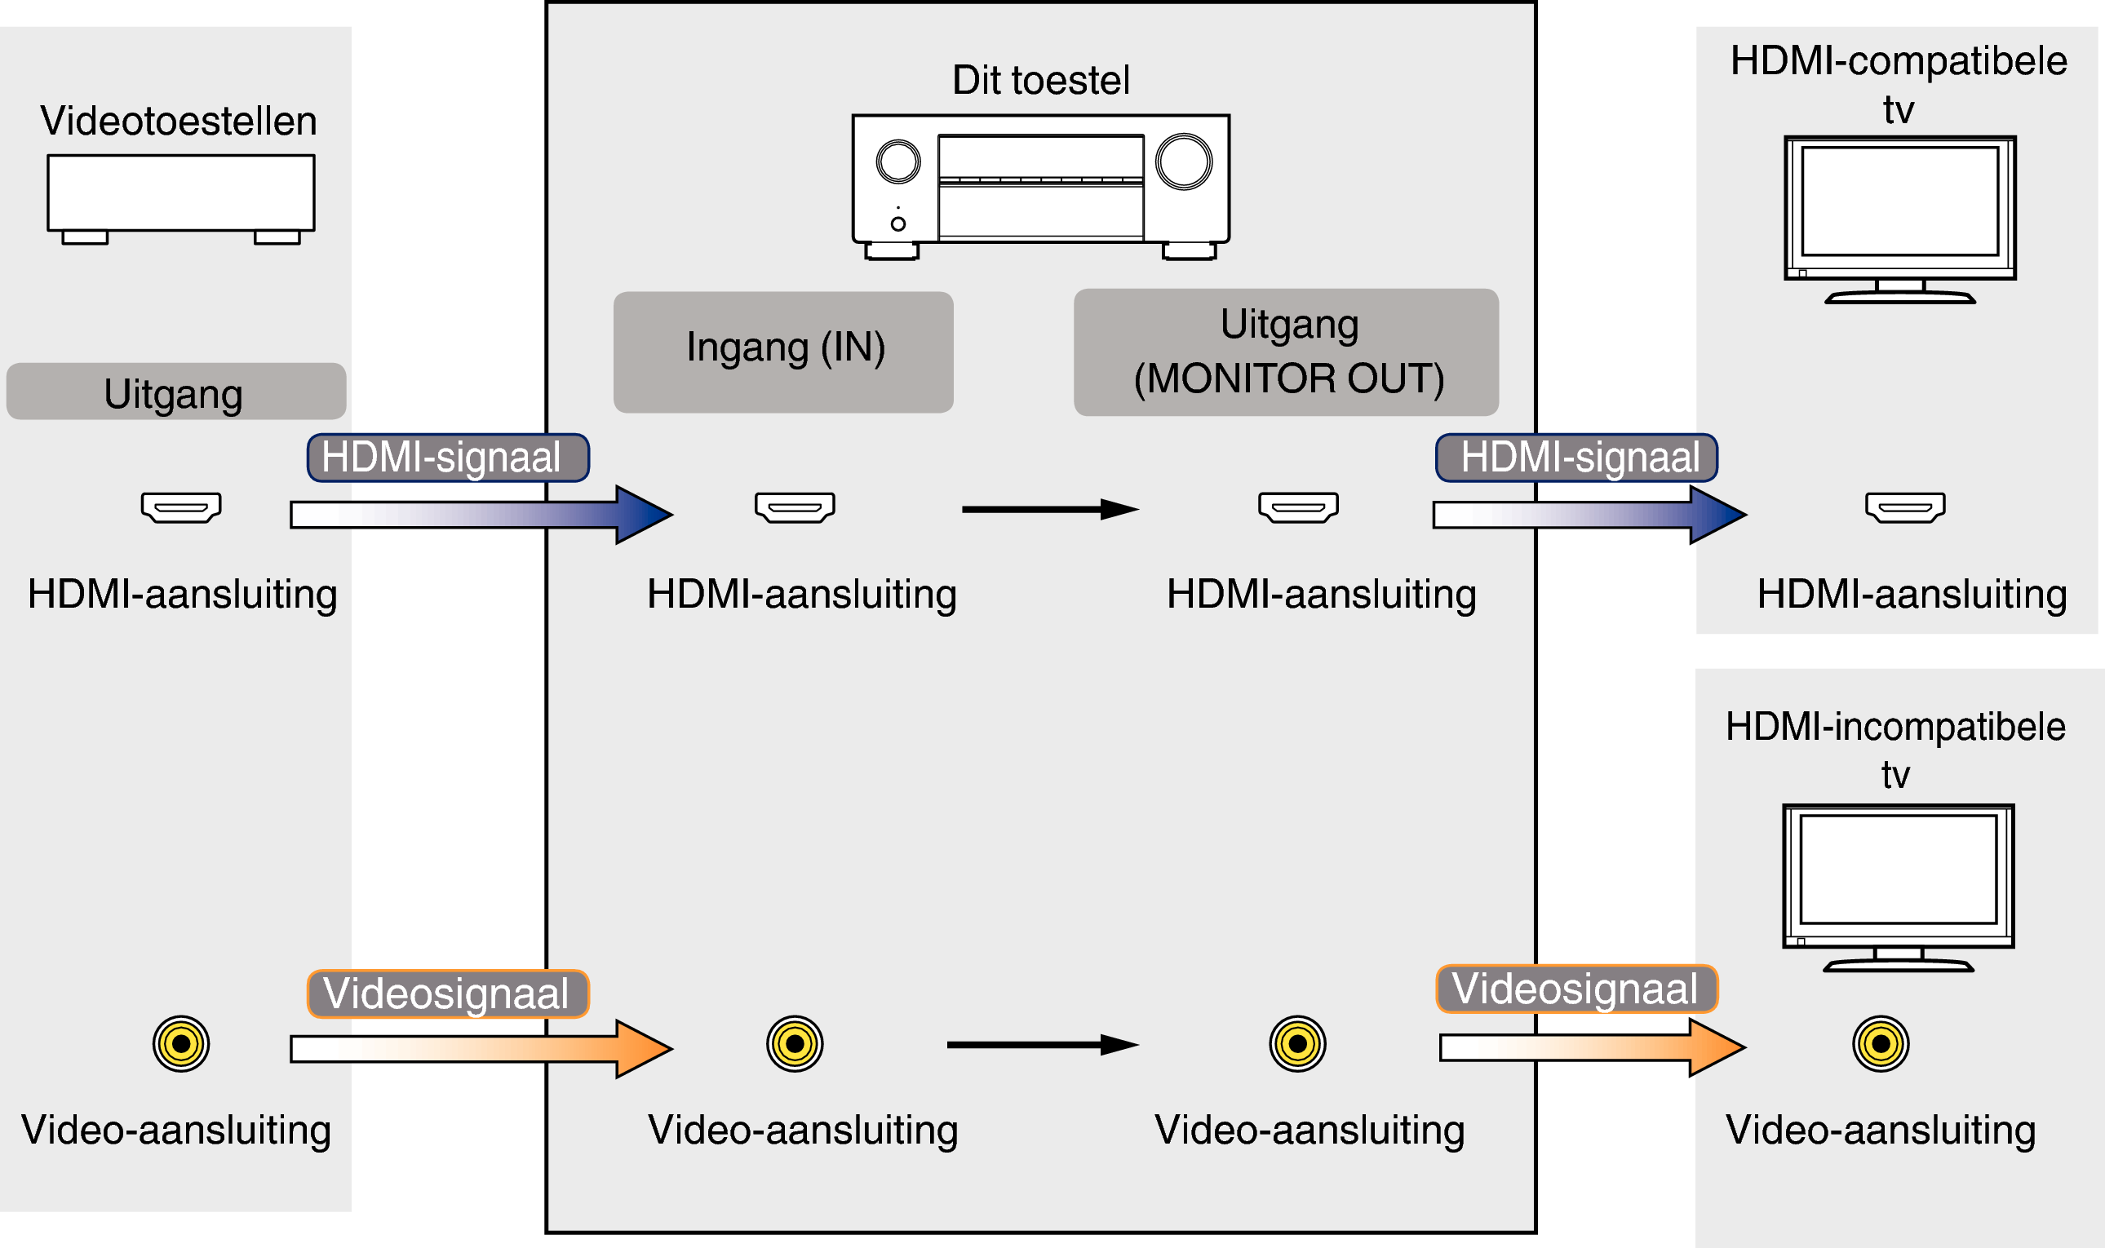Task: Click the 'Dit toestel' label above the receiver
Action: click(x=1040, y=81)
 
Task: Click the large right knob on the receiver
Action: click(x=1183, y=162)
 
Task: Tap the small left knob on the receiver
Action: click(x=898, y=162)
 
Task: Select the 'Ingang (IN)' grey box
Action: click(x=783, y=352)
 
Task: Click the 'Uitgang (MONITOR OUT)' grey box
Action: click(x=1286, y=352)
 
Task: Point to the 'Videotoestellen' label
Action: click(x=179, y=122)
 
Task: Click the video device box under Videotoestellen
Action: click(x=181, y=193)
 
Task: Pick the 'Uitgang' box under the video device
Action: click(x=175, y=392)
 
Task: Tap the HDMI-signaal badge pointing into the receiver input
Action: click(x=448, y=458)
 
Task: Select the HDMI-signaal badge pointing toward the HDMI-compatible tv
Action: click(x=1576, y=458)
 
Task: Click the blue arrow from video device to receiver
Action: click(x=480, y=515)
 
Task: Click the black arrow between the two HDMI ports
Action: click(x=1049, y=509)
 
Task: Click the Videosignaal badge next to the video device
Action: click(x=448, y=994)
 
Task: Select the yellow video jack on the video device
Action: click(x=181, y=1044)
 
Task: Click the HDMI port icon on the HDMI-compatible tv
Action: click(x=1905, y=507)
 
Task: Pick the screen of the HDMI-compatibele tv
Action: click(x=1899, y=201)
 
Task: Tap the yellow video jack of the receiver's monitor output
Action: click(x=1297, y=1044)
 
